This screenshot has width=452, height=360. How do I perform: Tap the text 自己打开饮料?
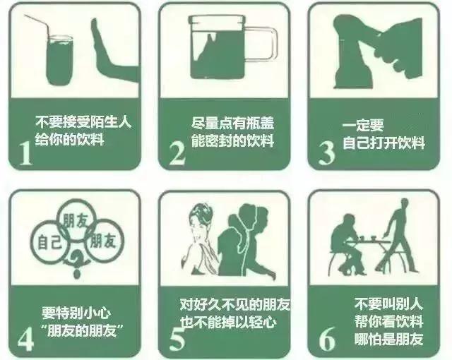(x=384, y=143)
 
